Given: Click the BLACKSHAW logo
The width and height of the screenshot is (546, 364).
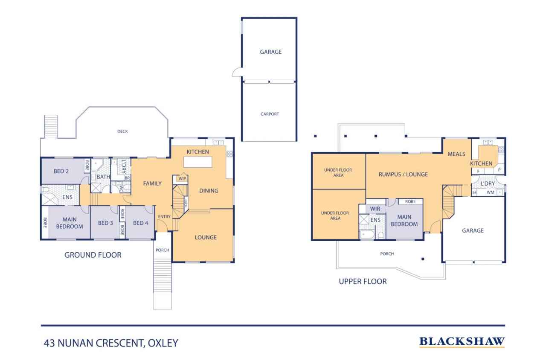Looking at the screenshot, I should tap(462, 341).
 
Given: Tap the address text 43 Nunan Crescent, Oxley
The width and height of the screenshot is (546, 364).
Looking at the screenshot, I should tap(111, 343).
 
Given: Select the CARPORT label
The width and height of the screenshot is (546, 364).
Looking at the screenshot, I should tap(270, 114).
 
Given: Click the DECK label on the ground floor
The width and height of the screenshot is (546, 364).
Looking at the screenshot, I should tap(122, 131).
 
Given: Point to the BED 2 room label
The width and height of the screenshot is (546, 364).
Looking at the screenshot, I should tap(61, 172).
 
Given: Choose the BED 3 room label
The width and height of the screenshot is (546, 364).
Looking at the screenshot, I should tap(105, 223).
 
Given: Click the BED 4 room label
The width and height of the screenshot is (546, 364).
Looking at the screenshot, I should tap(140, 223).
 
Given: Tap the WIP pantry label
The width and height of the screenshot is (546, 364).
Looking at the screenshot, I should tap(182, 179).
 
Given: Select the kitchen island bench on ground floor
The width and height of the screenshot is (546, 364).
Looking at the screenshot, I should tap(197, 162).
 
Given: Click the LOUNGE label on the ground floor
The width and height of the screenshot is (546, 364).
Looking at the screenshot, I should tap(206, 237).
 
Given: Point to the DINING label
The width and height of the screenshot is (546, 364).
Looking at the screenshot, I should tap(209, 191).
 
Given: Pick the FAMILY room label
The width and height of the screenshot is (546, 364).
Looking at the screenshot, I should tap(152, 183).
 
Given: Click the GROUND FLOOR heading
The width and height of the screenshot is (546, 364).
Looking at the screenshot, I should tap(93, 255).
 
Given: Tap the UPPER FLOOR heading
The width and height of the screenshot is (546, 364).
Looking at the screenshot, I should tap(363, 281).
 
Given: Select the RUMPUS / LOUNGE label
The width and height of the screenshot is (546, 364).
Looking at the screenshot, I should tap(403, 174).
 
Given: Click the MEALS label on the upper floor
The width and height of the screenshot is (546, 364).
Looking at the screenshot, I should tap(456, 154).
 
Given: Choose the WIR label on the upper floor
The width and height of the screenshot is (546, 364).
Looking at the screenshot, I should tap(375, 209).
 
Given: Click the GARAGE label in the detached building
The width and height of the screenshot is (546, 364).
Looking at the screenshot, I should tap(271, 52).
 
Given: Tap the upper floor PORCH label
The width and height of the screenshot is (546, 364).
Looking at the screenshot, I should tap(387, 254).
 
